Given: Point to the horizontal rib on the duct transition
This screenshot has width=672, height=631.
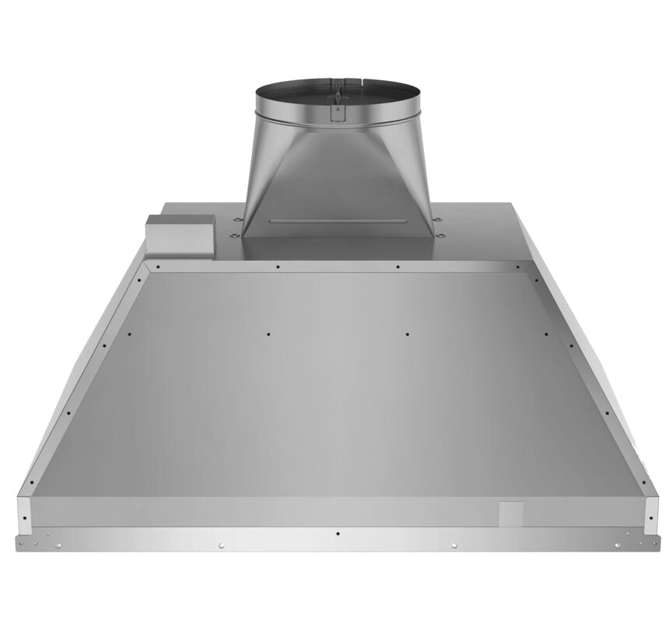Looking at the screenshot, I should click(337, 222).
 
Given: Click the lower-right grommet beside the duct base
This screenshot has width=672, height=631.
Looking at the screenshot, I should click(441, 234).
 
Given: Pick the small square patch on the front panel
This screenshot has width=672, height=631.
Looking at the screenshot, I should click(511, 513).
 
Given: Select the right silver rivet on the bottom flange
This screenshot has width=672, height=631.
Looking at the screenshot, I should click(453, 545).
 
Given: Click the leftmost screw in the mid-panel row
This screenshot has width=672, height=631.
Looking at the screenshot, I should click(129, 335).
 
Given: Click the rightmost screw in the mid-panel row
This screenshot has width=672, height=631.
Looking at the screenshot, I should click(546, 335).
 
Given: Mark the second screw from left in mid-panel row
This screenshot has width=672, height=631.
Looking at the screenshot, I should click(268, 335).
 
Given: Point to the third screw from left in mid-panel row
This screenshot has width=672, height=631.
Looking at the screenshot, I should click(407, 335).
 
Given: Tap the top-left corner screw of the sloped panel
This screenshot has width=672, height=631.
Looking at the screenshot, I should click(158, 266).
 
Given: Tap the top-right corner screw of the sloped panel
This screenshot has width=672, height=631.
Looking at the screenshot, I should click(517, 266).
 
